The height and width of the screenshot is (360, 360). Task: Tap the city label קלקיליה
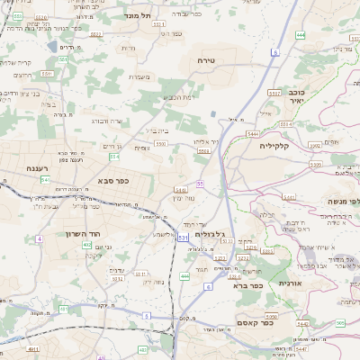[x=274, y=145]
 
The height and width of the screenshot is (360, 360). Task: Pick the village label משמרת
[x=139, y=76]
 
